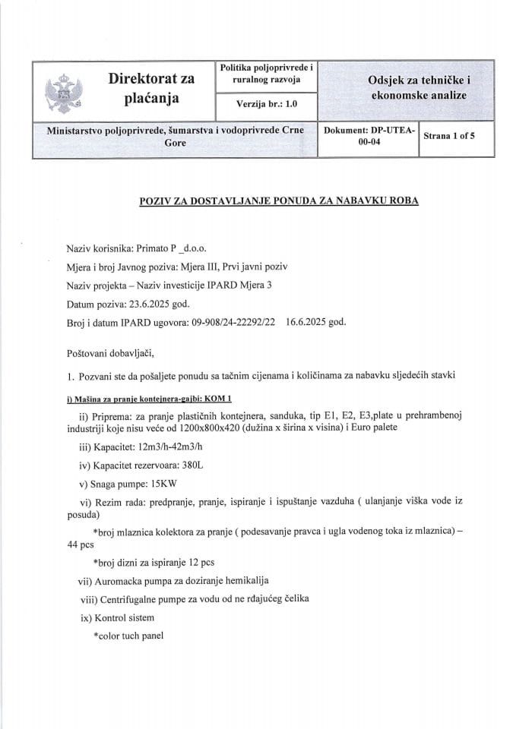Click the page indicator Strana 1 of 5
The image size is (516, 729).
point(448,136)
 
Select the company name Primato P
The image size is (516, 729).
point(154,249)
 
